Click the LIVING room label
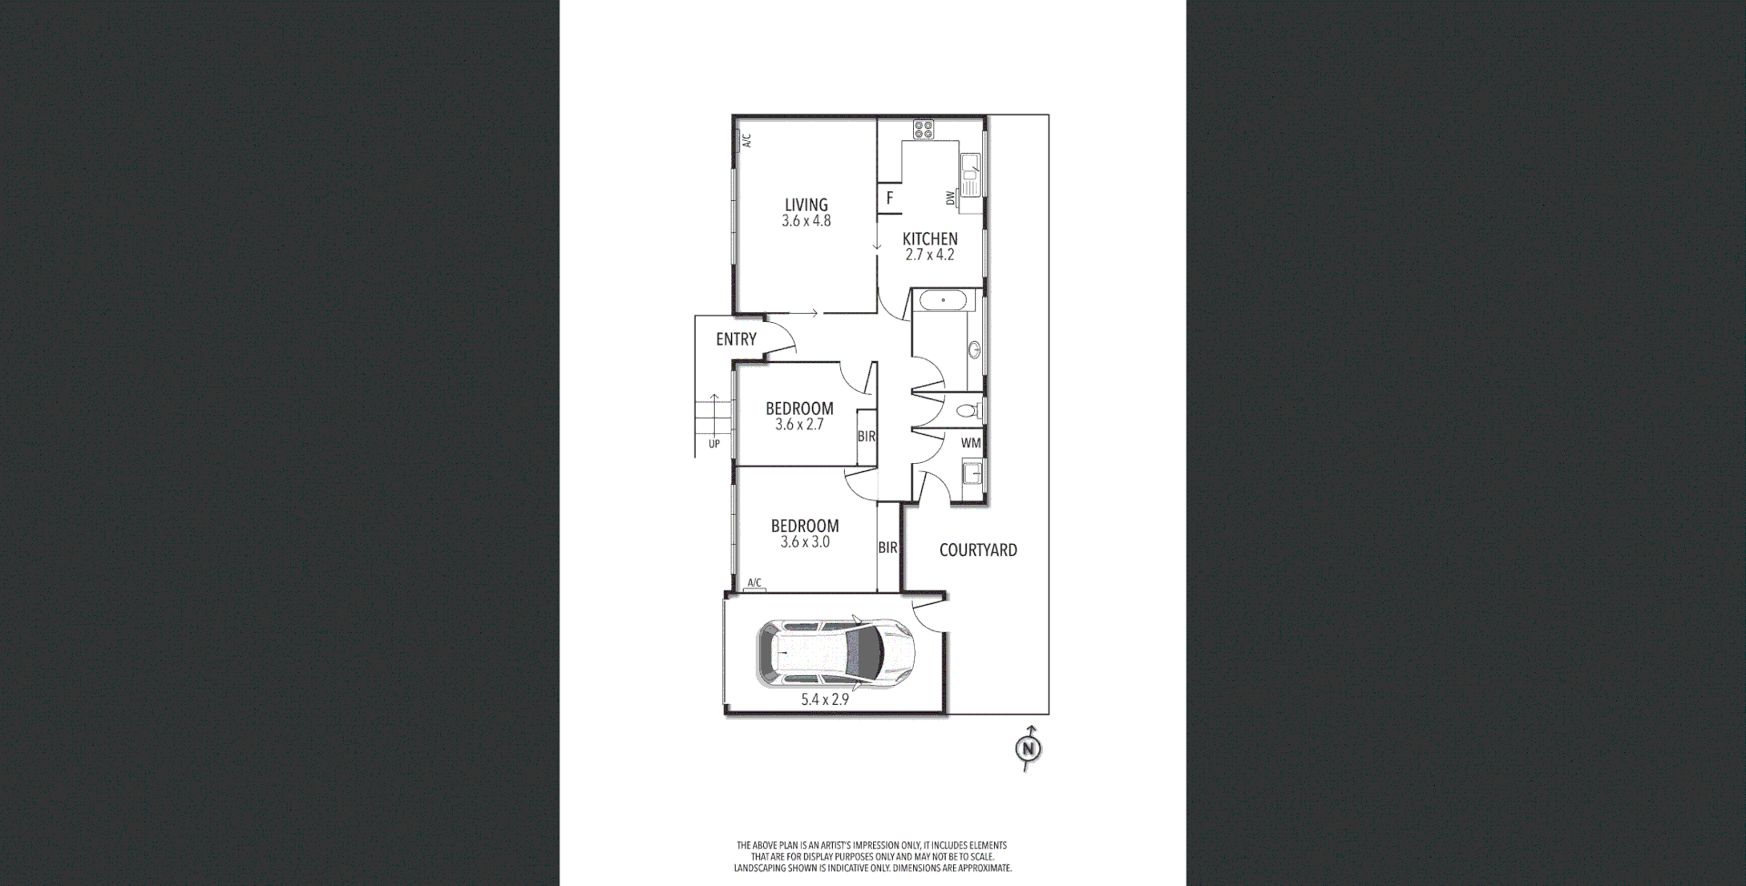[806, 205]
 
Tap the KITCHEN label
[929, 239]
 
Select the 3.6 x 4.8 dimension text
[806, 221]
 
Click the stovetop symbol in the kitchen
[923, 129]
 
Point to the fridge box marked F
[889, 197]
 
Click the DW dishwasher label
[950, 197]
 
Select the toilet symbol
[970, 411]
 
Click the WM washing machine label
[970, 443]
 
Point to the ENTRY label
[736, 339]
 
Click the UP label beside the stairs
[714, 444]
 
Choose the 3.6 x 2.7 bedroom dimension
[799, 425]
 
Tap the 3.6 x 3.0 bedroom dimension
[805, 542]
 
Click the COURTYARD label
[978, 550]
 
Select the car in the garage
[835, 650]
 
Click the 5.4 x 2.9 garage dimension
[825, 700]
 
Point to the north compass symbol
[1028, 750]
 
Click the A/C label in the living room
[747, 141]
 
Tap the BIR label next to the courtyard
[888, 548]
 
